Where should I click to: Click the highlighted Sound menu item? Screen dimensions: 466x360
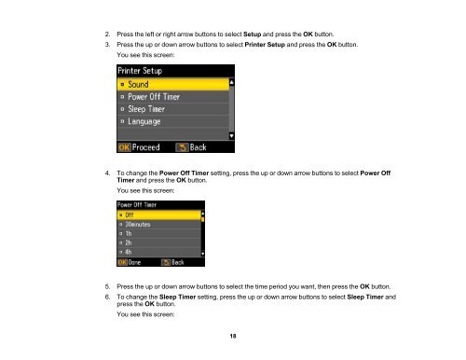coord(173,84)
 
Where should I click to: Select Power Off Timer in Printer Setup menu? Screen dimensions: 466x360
coord(173,97)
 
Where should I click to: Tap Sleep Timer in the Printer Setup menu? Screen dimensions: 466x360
coord(173,109)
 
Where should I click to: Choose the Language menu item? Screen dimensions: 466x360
coord(173,121)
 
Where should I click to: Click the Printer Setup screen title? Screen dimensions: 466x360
coord(140,71)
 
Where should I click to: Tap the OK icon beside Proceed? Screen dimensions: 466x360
coord(124,147)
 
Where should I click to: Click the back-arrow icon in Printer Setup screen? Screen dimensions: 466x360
coord(182,147)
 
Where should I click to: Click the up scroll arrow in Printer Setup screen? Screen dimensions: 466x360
coord(231,82)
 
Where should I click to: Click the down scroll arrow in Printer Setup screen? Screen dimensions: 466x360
coord(231,136)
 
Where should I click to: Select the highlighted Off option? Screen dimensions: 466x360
coord(158,215)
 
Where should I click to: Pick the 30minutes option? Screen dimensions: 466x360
coord(158,224)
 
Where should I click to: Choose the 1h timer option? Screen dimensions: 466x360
coord(158,233)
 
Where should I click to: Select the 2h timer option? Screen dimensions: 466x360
coord(158,242)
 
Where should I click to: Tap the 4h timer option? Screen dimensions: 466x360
coord(158,252)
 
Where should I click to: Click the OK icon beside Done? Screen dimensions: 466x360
coord(122,262)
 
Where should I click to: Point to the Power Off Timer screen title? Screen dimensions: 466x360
coord(137,205)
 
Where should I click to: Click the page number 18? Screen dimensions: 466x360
coord(233,336)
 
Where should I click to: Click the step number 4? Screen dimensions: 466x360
coord(107,173)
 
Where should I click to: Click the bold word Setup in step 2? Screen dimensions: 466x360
coord(252,35)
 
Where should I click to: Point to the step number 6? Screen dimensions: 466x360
coord(107,297)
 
